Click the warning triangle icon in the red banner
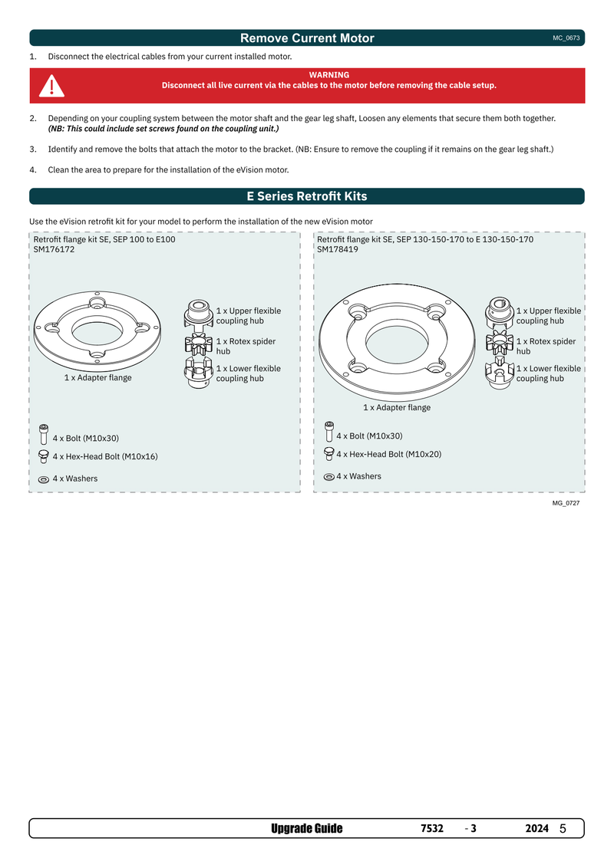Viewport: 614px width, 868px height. tap(52, 86)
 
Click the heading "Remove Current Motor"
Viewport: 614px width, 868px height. tap(307, 38)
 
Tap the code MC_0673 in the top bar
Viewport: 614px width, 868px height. tap(565, 38)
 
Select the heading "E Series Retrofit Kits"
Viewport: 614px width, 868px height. tap(307, 196)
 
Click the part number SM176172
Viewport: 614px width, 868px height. tap(54, 250)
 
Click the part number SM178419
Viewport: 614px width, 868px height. tap(338, 250)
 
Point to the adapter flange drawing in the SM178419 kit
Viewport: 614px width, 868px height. tap(397, 345)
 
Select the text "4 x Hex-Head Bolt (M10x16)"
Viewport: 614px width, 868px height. tap(105, 456)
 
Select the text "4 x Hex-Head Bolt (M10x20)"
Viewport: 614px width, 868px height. tap(388, 454)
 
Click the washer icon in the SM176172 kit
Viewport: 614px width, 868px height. tap(44, 479)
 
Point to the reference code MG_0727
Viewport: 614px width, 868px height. tap(565, 503)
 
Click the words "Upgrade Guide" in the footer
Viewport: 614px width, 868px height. tap(307, 829)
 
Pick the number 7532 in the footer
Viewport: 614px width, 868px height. tap(432, 829)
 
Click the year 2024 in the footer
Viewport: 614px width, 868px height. tap(536, 829)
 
